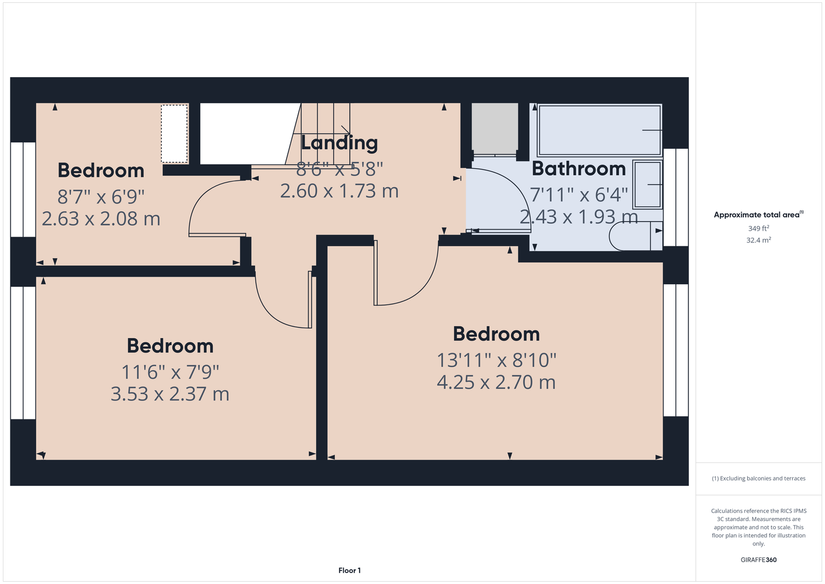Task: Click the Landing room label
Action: [339, 143]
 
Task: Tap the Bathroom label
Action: [579, 169]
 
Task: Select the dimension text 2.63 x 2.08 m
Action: [101, 218]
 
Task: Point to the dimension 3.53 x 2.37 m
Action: [170, 394]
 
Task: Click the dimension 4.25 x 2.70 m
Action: [496, 382]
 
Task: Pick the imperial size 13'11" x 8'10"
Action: [496, 360]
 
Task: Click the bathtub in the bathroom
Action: [600, 130]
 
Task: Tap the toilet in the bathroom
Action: [635, 236]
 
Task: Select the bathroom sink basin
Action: [648, 184]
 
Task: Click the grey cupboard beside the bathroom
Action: [495, 129]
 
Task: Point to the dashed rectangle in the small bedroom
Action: [175, 133]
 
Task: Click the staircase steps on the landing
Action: [318, 134]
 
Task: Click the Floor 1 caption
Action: [350, 571]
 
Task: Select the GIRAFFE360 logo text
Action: [758, 559]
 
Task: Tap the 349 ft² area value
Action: [758, 228]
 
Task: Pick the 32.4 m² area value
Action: [758, 240]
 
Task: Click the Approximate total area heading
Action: [758, 214]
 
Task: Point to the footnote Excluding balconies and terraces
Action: [758, 478]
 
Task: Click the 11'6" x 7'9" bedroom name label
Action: [170, 346]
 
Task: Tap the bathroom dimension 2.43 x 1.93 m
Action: [579, 217]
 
